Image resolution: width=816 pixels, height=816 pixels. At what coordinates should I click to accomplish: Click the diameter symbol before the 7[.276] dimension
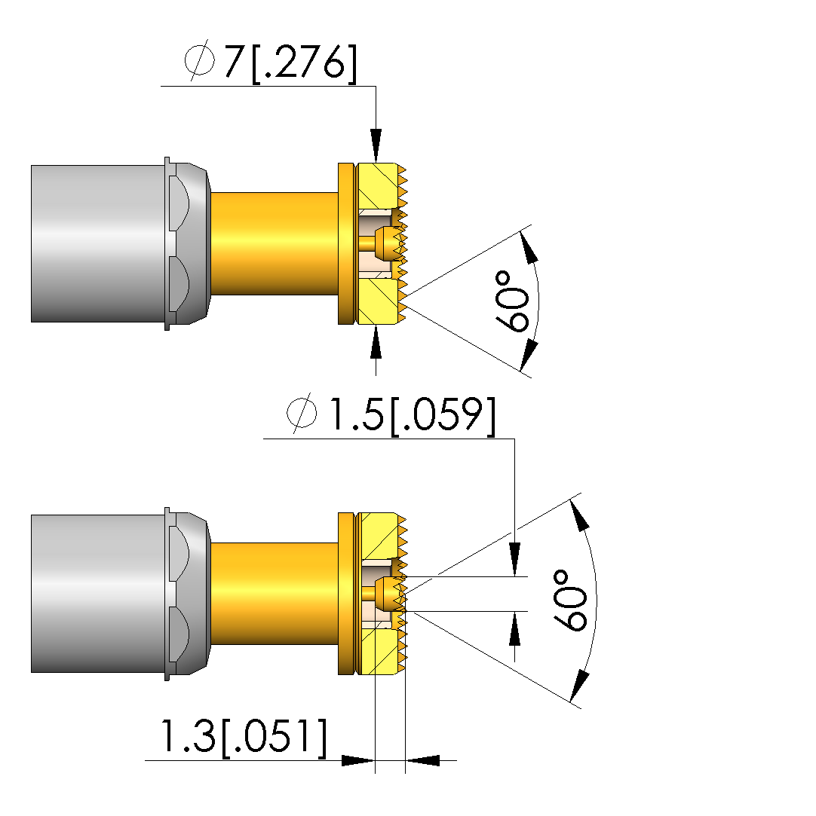click(x=199, y=60)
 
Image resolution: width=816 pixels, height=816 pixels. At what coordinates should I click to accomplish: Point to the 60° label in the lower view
click(x=569, y=600)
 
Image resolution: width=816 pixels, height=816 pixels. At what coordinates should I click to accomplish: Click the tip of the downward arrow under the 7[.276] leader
click(x=376, y=162)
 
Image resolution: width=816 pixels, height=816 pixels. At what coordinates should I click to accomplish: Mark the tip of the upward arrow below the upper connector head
click(x=376, y=325)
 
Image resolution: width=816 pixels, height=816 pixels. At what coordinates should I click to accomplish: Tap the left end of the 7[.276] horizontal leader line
click(x=161, y=87)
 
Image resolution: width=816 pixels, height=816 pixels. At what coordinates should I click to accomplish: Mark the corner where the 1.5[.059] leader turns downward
click(x=514, y=439)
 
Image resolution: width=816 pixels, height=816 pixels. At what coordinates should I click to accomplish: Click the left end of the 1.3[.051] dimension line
click(x=146, y=760)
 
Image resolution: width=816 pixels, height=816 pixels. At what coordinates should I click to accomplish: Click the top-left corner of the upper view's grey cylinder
click(x=31, y=166)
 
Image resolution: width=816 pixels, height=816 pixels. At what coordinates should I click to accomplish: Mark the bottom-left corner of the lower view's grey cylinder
click(x=31, y=672)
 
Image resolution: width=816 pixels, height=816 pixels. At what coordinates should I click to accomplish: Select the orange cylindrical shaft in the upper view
click(x=275, y=243)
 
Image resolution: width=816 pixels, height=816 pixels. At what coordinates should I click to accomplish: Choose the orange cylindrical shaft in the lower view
click(x=275, y=593)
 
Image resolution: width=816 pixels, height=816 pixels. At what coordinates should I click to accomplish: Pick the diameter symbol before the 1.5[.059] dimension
click(x=302, y=413)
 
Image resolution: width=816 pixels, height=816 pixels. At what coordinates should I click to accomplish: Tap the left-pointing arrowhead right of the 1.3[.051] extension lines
click(x=422, y=760)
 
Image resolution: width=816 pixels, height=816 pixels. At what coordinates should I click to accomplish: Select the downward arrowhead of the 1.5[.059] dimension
click(x=514, y=559)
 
